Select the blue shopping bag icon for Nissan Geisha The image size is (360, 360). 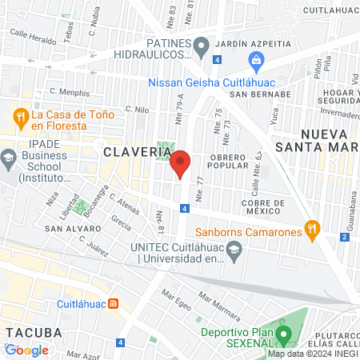(256, 58)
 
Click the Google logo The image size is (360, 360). (26, 350)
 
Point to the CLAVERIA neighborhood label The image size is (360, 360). (130, 150)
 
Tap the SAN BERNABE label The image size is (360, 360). (260, 94)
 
